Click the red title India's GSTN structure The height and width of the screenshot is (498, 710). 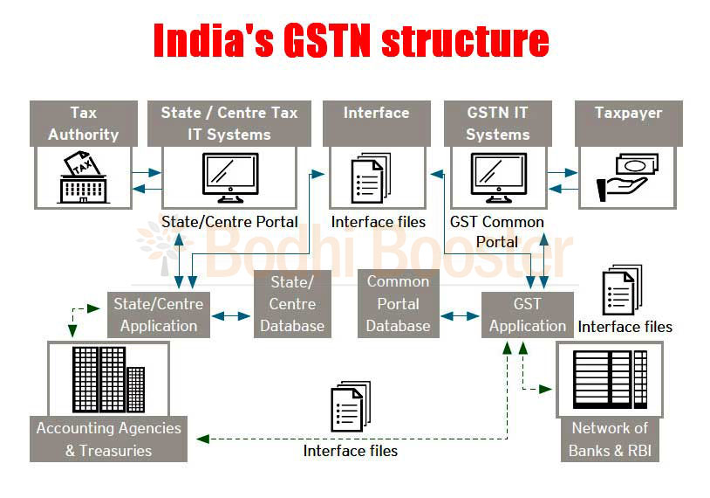pos(352,41)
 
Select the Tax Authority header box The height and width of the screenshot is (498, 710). pos(84,123)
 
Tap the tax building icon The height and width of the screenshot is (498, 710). pos(84,177)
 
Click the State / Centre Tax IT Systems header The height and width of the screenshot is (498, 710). pos(229,123)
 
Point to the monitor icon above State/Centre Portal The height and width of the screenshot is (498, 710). pos(230,177)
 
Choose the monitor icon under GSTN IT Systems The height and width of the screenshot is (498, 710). pos(499,177)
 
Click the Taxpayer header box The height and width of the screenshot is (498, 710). pos(629,123)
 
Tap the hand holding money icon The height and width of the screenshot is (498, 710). pos(627,176)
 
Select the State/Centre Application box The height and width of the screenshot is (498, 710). pos(159,315)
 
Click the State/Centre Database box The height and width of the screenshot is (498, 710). pos(292,304)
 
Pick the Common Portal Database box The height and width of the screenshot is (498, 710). pos(399,304)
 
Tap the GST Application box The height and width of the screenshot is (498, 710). pos(528,315)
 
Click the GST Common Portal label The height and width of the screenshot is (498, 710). pos(497,232)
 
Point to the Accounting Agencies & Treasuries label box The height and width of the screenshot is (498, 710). pos(109,439)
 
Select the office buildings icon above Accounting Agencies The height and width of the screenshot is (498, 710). pos(109,380)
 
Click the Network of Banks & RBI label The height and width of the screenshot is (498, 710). pos(610,439)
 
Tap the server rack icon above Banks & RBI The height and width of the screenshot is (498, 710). pos(610,379)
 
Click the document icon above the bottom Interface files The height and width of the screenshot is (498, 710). pos(351,406)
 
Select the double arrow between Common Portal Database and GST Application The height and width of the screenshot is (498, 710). pos(460,316)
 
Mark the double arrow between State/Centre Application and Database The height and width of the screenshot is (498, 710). pos(231,316)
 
